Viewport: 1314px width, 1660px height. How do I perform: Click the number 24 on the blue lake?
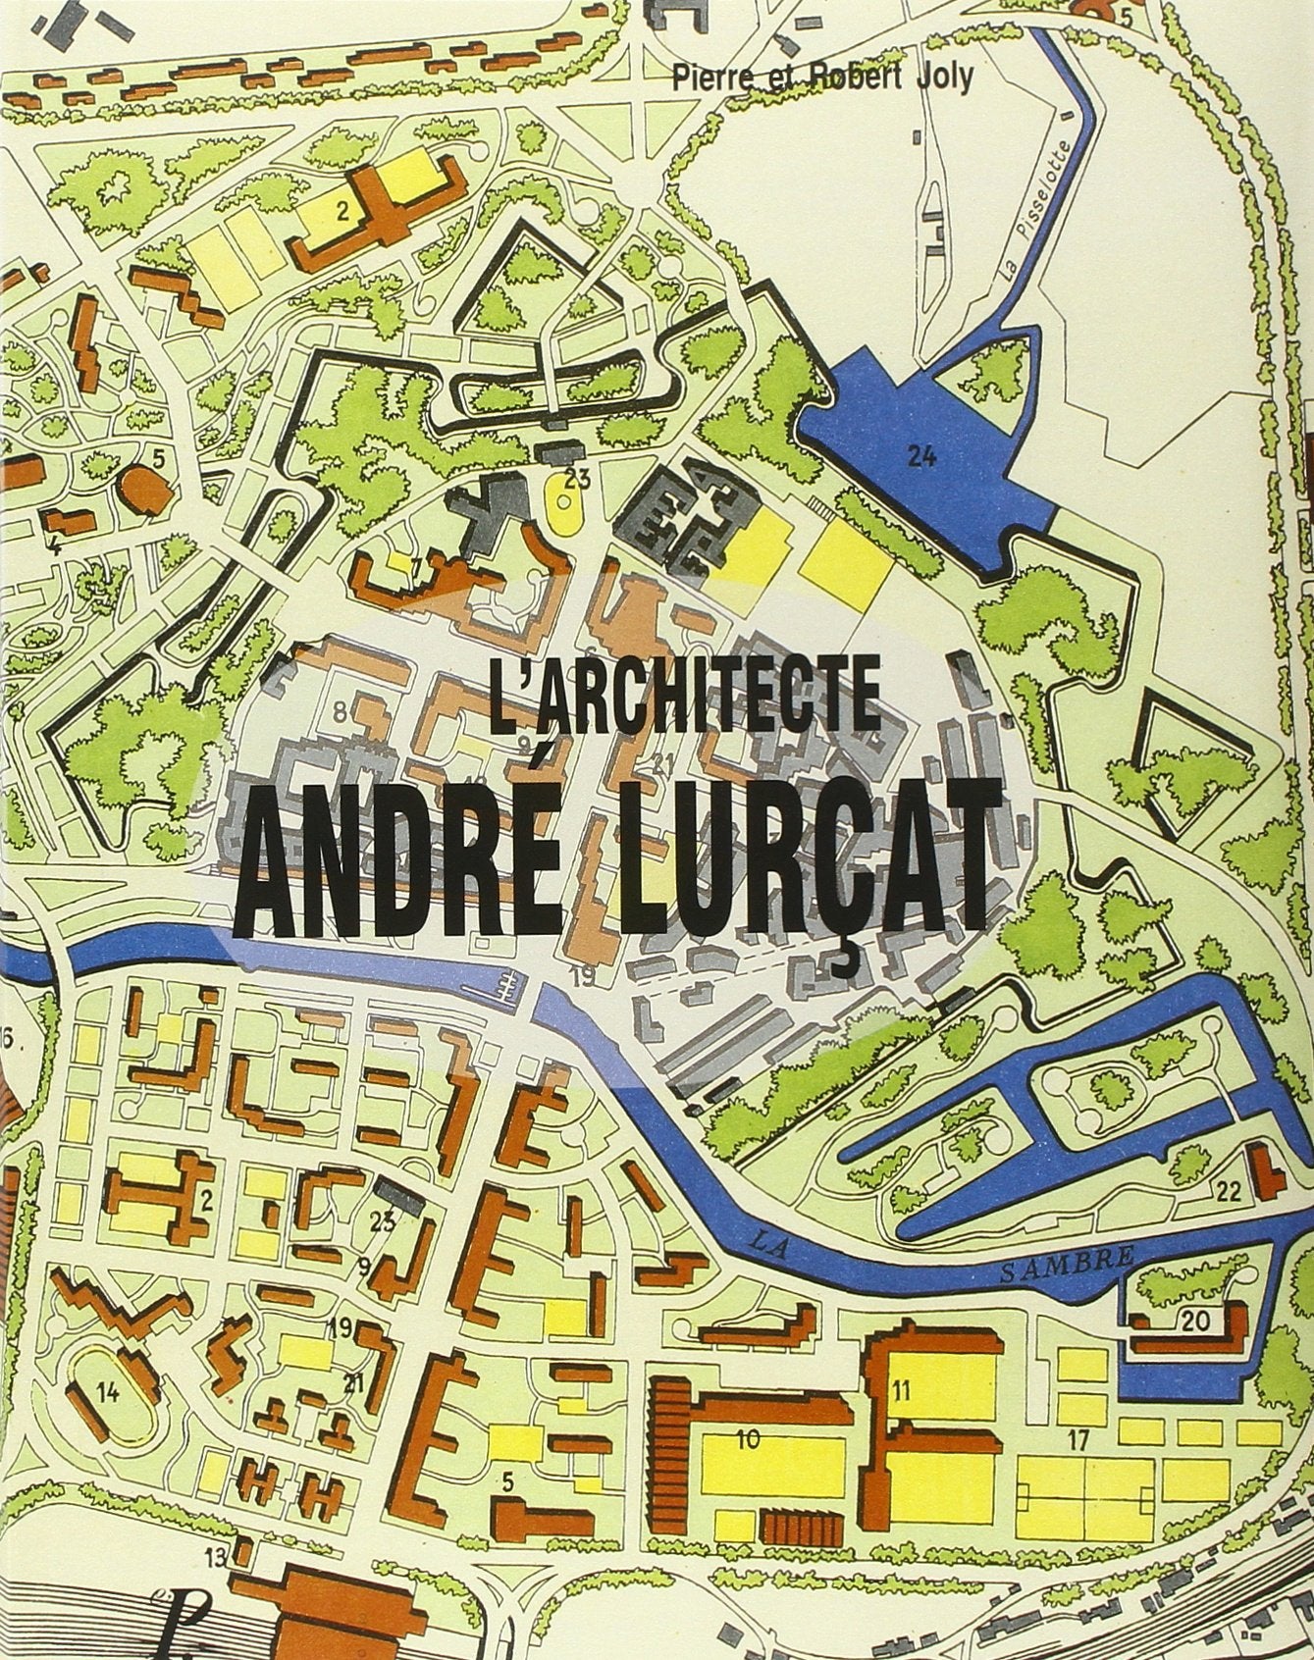tap(920, 456)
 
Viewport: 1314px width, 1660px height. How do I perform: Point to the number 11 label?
tap(902, 1389)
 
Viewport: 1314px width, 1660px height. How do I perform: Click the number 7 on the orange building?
tap(416, 565)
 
